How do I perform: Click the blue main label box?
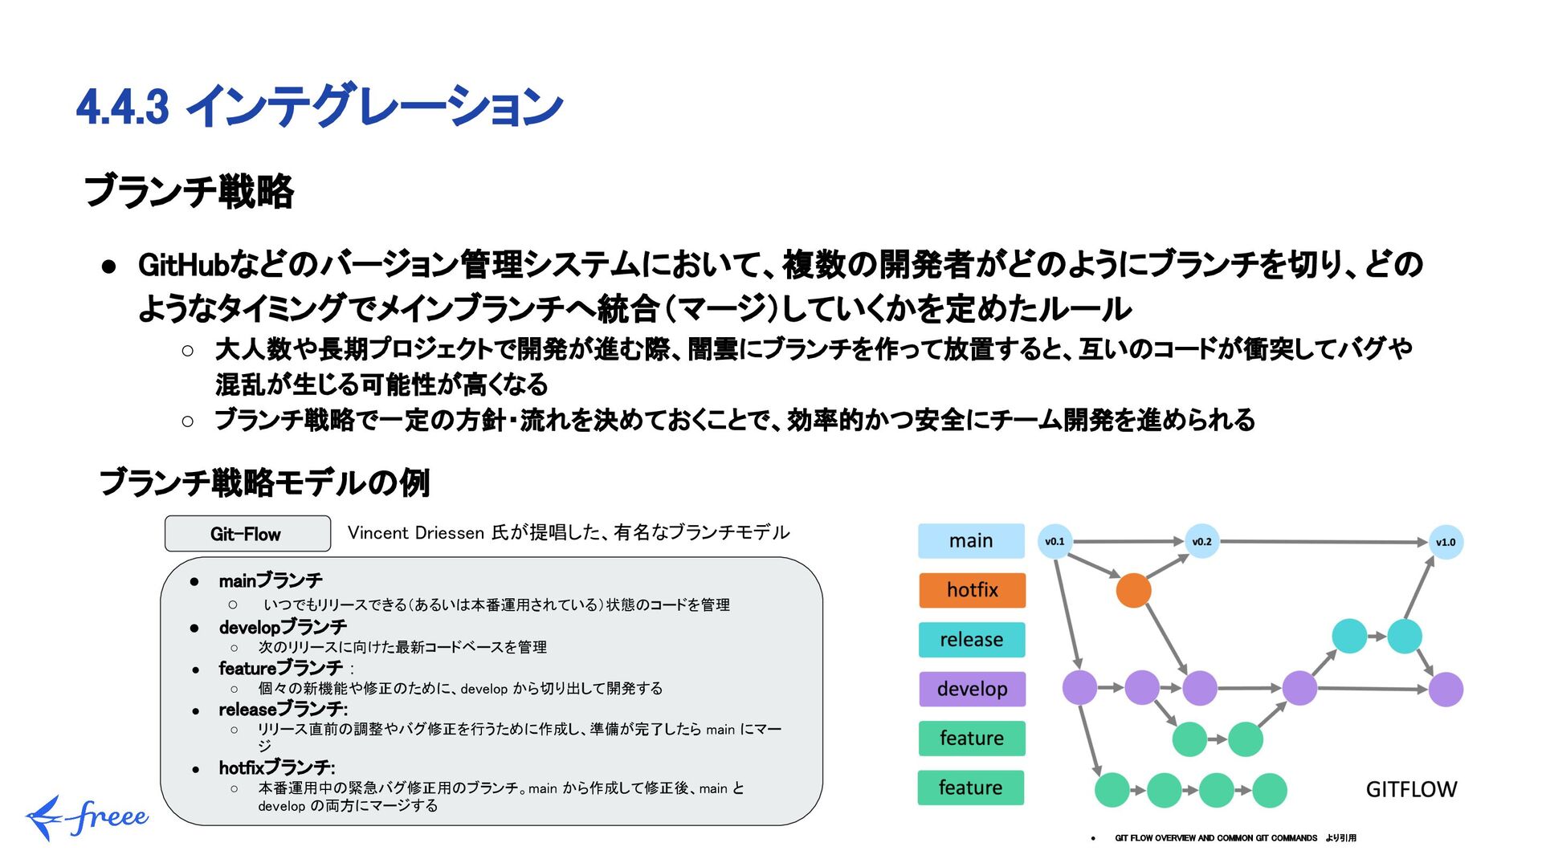pos(971,541)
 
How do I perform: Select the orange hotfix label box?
pos(972,590)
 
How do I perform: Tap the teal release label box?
pos(972,640)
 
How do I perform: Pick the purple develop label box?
pos(972,689)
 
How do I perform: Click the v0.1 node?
pos(1055,542)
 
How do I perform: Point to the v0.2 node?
pos(1201,542)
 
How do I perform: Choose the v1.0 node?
pos(1446,543)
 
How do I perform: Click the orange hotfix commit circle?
pos(1133,591)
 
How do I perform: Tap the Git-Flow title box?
pos(247,534)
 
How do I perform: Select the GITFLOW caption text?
pos(1411,790)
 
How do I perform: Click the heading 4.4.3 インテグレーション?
pos(320,106)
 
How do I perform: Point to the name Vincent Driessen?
pos(416,533)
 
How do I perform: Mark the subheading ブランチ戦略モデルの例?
pos(264,482)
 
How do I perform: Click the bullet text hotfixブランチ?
pos(276,768)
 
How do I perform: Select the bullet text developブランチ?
pos(283,627)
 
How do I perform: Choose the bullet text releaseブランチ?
pos(283,710)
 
